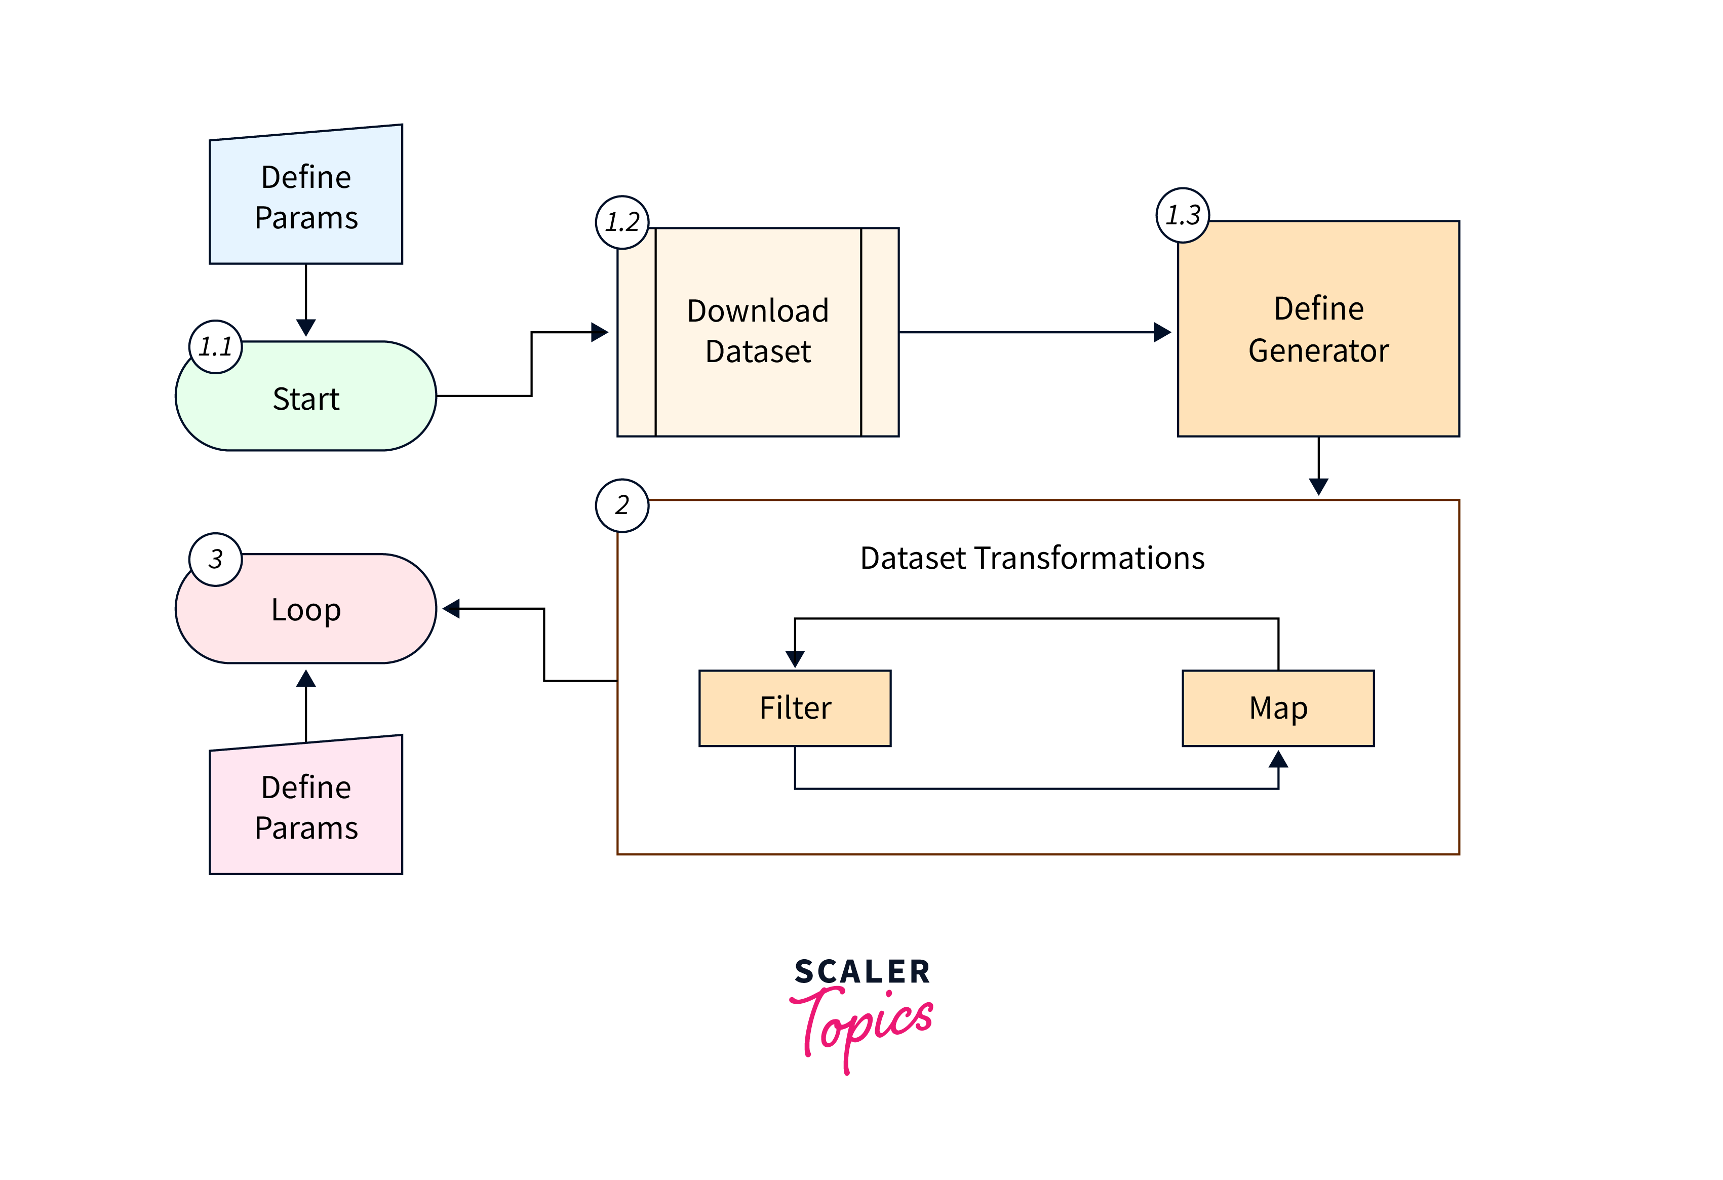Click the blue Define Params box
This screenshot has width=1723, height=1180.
tap(305, 197)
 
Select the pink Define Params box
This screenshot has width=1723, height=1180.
tap(305, 807)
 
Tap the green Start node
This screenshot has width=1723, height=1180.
tap(305, 398)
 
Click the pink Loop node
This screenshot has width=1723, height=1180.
tap(305, 609)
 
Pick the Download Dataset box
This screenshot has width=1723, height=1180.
tap(758, 331)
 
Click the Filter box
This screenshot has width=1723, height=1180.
tap(795, 708)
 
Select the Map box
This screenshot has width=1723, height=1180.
tap(1278, 708)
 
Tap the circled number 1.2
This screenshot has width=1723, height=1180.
tap(622, 222)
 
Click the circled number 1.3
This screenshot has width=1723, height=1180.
tap(1183, 215)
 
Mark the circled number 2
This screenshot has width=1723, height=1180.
tap(622, 505)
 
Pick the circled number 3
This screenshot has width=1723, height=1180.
tap(216, 559)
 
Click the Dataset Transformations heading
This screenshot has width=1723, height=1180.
tap(1032, 558)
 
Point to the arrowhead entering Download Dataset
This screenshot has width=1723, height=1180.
tap(599, 332)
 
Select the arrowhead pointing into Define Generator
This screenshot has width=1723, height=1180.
tap(1162, 332)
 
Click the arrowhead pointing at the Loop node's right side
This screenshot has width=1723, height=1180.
tap(451, 609)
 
